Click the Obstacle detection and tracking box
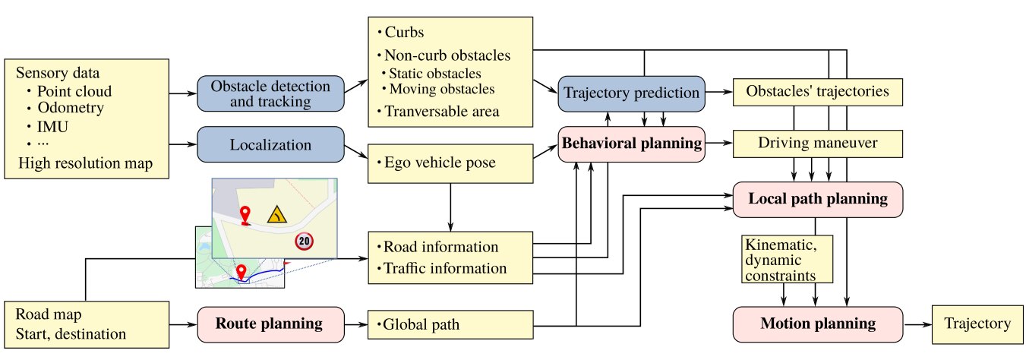[x=270, y=93]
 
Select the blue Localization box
[x=270, y=144]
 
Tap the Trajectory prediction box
[x=631, y=93]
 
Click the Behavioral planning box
[x=631, y=144]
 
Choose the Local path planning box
[x=818, y=199]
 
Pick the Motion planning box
[x=818, y=324]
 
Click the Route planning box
[x=270, y=324]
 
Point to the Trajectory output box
[x=977, y=324]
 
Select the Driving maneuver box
[x=818, y=144]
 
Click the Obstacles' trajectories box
[x=818, y=92]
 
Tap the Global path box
[x=450, y=325]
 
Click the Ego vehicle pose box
[x=450, y=163]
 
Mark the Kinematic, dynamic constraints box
[x=787, y=259]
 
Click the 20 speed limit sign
[x=304, y=241]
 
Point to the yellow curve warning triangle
[x=277, y=215]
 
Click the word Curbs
[x=404, y=32]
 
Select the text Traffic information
[x=445, y=268]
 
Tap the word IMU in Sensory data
[x=52, y=126]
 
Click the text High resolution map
[x=85, y=163]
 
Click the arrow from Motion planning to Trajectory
[x=917, y=325]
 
